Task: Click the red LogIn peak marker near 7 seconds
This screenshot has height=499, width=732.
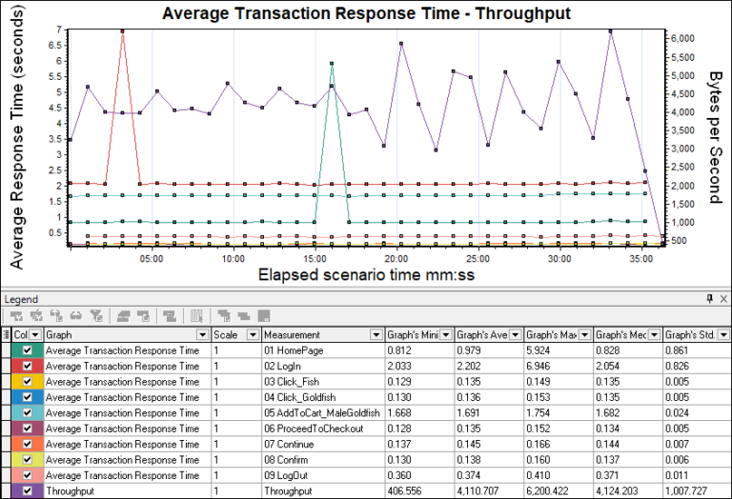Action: [x=123, y=30]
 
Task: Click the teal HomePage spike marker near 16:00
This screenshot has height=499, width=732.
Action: [x=331, y=64]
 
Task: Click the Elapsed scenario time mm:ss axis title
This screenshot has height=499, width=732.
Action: [x=367, y=275]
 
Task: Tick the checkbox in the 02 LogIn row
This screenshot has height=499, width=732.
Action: [x=27, y=366]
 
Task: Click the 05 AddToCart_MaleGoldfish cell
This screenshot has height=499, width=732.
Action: [x=321, y=411]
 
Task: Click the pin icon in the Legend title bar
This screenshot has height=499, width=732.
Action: [x=709, y=299]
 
